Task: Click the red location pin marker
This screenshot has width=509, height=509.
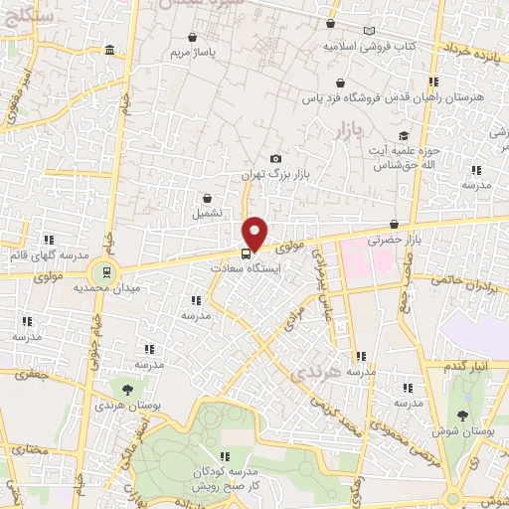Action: [255, 233]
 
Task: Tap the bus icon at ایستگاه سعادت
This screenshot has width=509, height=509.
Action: [246, 253]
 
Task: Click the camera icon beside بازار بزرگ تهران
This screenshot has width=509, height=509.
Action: [275, 159]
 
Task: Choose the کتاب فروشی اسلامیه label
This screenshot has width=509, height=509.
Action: [373, 47]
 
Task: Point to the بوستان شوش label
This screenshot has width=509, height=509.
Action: [460, 431]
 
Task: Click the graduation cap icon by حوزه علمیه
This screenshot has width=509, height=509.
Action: [403, 136]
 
